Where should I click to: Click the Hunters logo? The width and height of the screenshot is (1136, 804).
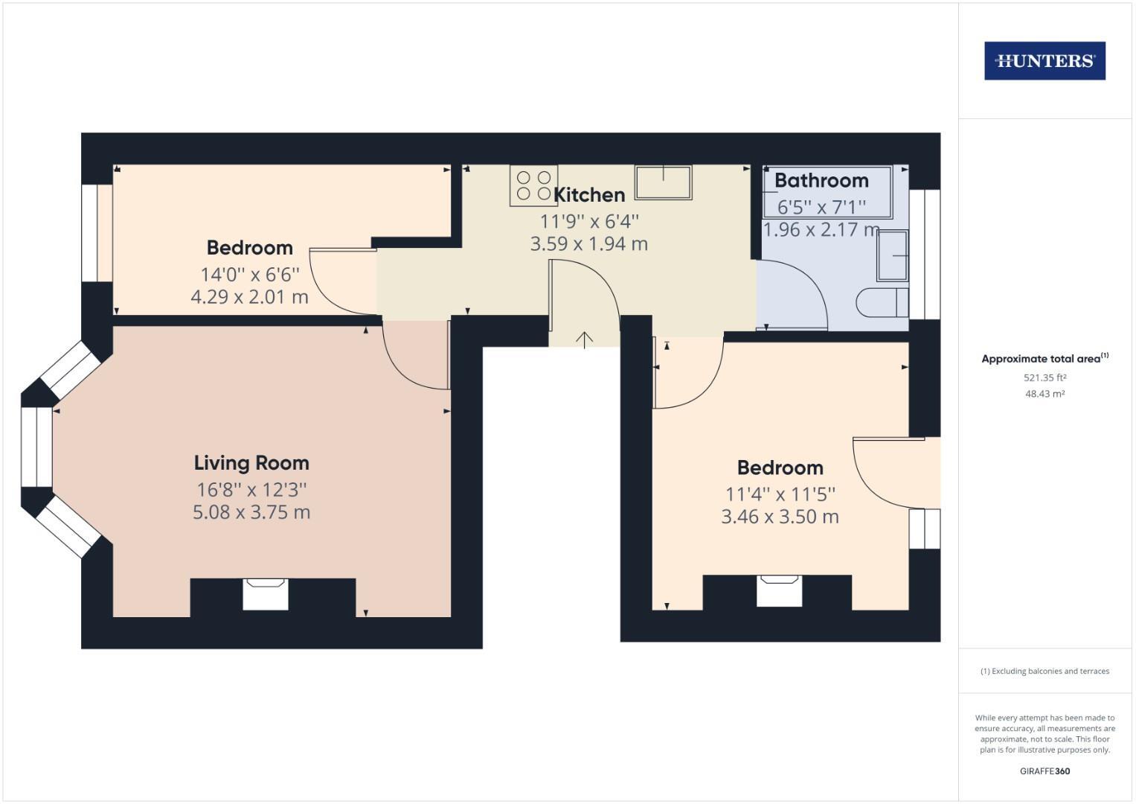click(1044, 61)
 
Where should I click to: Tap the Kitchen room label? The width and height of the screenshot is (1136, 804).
click(589, 195)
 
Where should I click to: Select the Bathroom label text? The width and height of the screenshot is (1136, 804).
click(821, 180)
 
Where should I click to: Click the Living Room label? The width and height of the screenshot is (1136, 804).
click(251, 463)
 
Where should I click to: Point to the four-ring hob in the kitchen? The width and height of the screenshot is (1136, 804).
click(533, 185)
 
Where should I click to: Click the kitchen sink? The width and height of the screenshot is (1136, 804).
click(663, 182)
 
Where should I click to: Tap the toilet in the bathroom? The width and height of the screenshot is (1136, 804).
click(882, 303)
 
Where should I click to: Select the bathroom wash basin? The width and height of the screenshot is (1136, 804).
click(893, 255)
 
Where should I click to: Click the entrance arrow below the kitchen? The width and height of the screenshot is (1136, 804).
click(585, 339)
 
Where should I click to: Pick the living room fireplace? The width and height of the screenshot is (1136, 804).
click(266, 594)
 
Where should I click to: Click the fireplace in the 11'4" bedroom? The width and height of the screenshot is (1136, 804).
click(779, 590)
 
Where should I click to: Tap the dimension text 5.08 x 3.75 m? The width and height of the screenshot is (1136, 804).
click(251, 512)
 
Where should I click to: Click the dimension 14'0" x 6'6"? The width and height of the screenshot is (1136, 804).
click(250, 274)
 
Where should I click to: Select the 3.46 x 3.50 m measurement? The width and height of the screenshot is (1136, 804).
click(780, 517)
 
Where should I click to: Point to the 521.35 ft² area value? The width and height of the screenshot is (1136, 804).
click(1044, 377)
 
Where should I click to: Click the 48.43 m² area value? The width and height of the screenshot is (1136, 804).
click(1044, 394)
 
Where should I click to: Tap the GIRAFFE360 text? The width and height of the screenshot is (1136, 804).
click(1044, 771)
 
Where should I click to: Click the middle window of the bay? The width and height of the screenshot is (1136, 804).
click(36, 447)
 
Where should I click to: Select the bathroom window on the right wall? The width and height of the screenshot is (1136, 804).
click(925, 254)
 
